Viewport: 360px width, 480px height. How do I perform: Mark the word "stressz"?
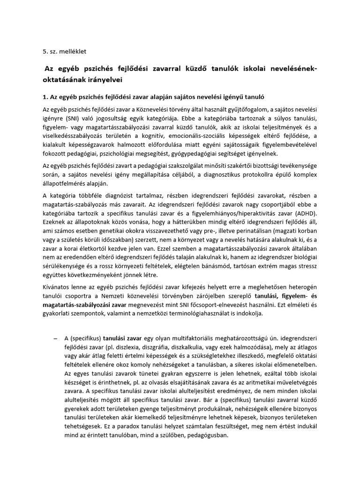click(306, 266)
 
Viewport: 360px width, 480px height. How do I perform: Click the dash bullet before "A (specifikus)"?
click(55, 338)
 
